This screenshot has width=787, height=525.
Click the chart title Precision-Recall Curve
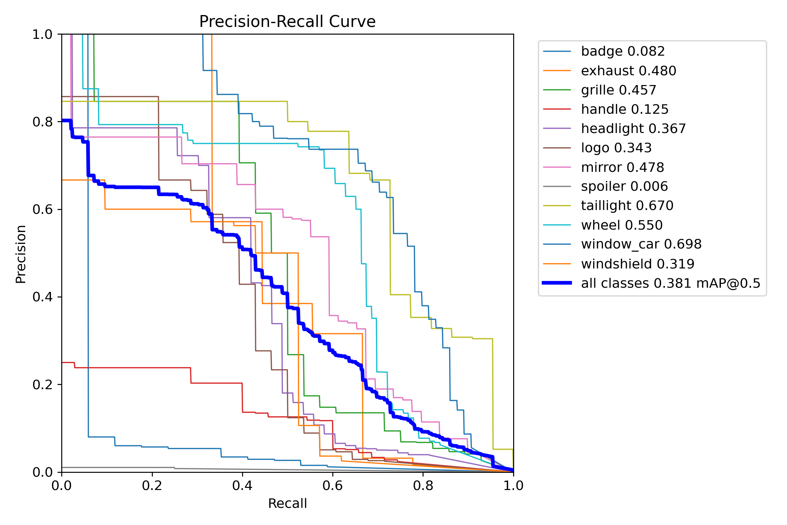point(287,22)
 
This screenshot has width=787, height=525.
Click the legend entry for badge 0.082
point(623,51)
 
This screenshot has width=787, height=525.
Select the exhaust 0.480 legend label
point(628,71)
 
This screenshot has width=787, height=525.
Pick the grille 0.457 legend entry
point(618,90)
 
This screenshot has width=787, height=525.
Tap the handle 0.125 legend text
point(625,110)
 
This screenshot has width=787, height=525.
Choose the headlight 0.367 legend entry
point(633,129)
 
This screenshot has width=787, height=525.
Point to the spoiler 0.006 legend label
point(624,187)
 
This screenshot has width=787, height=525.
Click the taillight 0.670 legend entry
point(627,206)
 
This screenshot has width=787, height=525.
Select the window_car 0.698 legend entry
point(641,244)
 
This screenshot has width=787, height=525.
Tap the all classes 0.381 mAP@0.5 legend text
point(671,283)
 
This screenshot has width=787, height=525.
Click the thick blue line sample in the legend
point(557,283)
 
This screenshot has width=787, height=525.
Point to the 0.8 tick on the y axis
point(42,122)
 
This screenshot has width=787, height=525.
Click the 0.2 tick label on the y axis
point(42,385)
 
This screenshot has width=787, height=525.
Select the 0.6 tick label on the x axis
point(333,486)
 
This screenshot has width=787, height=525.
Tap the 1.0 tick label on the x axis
point(513,486)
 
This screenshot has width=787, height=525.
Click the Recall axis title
point(287,504)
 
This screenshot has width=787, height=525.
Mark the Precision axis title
point(21,254)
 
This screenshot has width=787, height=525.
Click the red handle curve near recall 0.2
point(152,368)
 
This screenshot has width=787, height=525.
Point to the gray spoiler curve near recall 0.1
point(107,468)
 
